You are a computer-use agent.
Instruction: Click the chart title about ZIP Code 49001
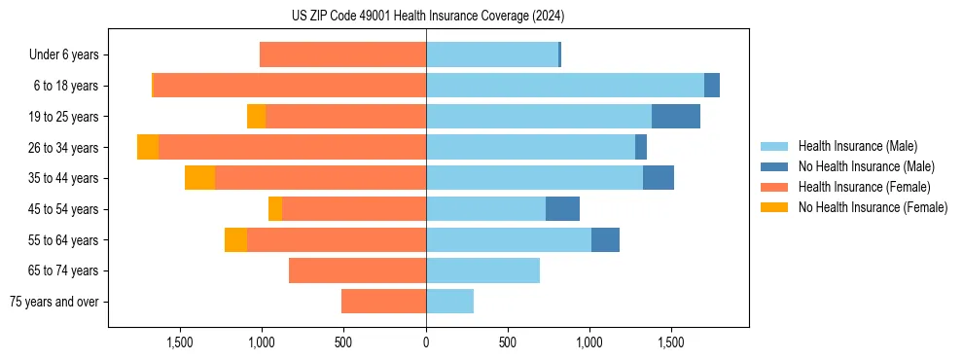(428, 17)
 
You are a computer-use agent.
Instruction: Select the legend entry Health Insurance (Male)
(857, 146)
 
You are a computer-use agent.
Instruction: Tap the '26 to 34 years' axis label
(64, 148)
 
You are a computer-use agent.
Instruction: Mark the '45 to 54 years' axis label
(64, 209)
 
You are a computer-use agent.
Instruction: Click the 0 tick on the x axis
(426, 342)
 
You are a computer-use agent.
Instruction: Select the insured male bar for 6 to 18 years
(564, 86)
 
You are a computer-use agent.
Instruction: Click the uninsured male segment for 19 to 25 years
(675, 117)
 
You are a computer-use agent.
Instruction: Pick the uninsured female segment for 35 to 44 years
(199, 178)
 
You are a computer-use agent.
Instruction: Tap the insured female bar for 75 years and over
(383, 302)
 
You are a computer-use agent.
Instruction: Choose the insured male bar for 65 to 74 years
(482, 270)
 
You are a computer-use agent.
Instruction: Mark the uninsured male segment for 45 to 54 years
(562, 209)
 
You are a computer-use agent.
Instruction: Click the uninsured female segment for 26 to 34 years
(148, 147)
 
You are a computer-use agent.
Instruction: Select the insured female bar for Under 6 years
(342, 55)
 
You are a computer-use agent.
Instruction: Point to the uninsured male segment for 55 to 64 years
(605, 240)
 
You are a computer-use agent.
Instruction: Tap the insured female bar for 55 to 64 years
(336, 240)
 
